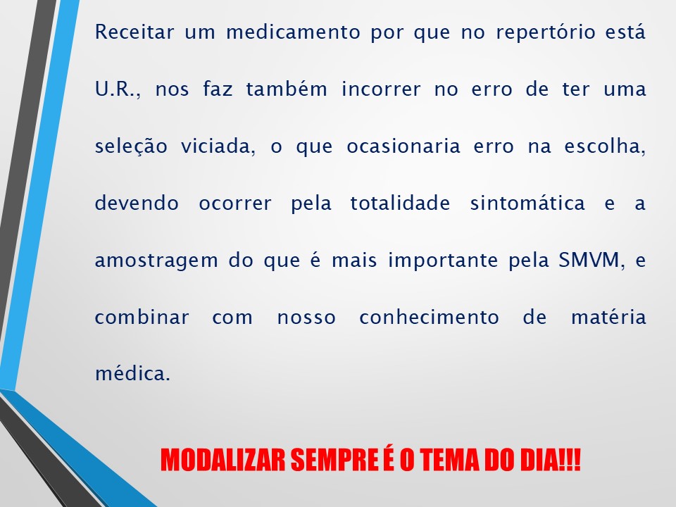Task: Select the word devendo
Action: [x=134, y=204]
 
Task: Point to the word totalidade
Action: [x=398, y=204]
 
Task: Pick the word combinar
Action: [x=142, y=317]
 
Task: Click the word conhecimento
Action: [x=429, y=317]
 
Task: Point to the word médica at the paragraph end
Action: [x=132, y=373]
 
